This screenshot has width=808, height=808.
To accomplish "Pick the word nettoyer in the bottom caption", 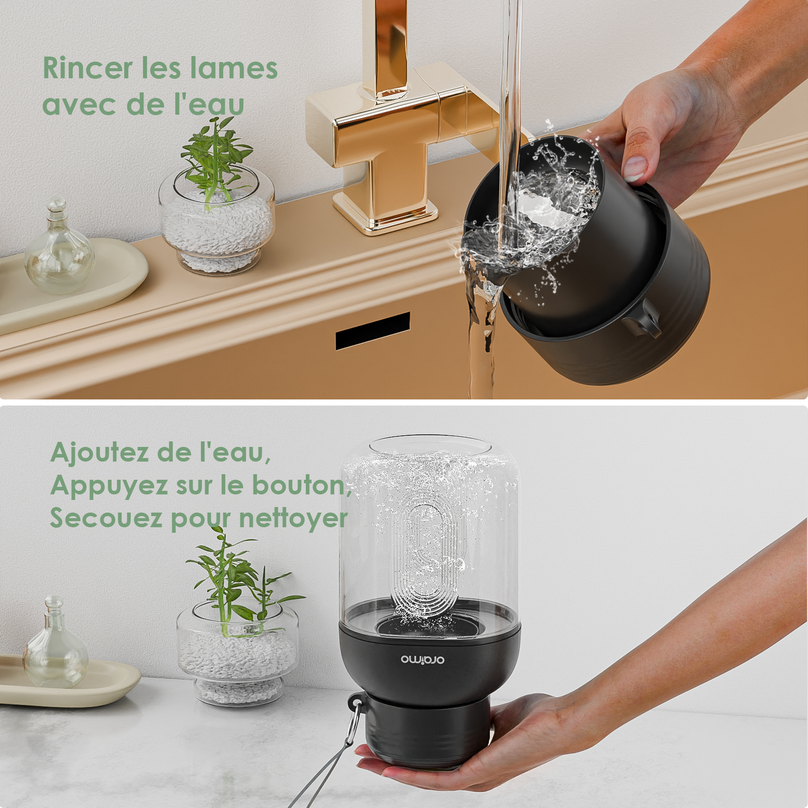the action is [293, 518].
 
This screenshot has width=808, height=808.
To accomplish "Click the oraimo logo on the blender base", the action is [423, 660].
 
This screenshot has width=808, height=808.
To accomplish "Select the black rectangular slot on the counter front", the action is [373, 331].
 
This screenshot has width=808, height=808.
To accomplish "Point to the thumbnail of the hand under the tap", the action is [635, 167].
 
